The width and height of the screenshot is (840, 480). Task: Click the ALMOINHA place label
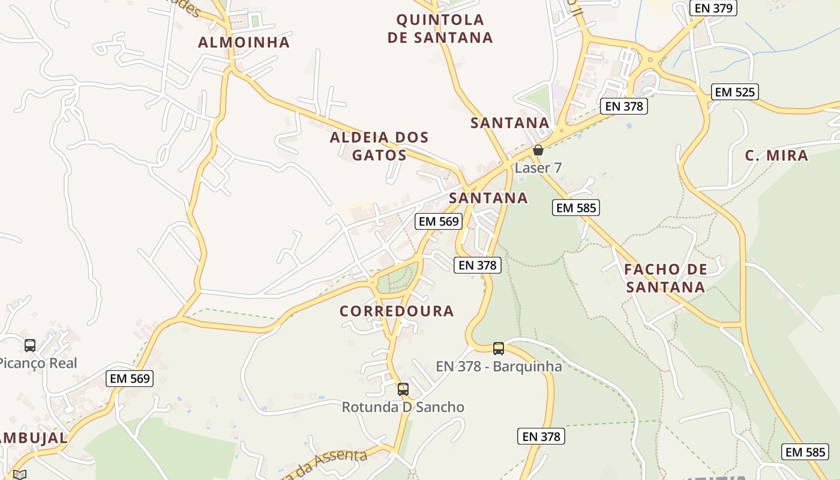[x=244, y=42]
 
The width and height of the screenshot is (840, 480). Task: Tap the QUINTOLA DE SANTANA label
[x=440, y=28]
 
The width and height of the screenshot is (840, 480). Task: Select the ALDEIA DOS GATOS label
[x=379, y=146]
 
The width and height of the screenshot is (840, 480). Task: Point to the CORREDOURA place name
[x=397, y=311]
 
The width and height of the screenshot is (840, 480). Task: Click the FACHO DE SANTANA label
[x=665, y=278]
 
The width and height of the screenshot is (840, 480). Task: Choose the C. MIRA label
[x=776, y=156]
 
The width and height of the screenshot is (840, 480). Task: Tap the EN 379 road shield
[x=713, y=8]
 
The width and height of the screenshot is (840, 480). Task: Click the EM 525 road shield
[x=736, y=92]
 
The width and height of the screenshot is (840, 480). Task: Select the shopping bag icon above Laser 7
[x=538, y=150]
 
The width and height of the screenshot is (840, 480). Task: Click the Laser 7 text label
[x=538, y=168]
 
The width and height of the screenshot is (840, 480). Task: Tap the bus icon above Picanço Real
[x=30, y=345]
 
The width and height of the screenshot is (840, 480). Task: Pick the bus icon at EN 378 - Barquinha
[x=499, y=348]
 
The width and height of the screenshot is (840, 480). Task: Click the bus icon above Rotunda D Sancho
[x=403, y=389]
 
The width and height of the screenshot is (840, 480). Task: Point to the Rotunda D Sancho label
[x=403, y=407]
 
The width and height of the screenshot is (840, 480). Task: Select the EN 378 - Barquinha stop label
[x=499, y=366]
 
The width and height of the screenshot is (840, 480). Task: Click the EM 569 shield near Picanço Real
[x=130, y=379]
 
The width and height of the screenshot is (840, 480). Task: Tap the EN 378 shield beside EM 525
[x=624, y=106]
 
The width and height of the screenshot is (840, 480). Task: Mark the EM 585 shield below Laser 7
[x=576, y=208]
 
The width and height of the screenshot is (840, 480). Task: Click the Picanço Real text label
[x=37, y=363]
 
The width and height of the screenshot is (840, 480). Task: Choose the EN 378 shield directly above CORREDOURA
[x=478, y=265]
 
